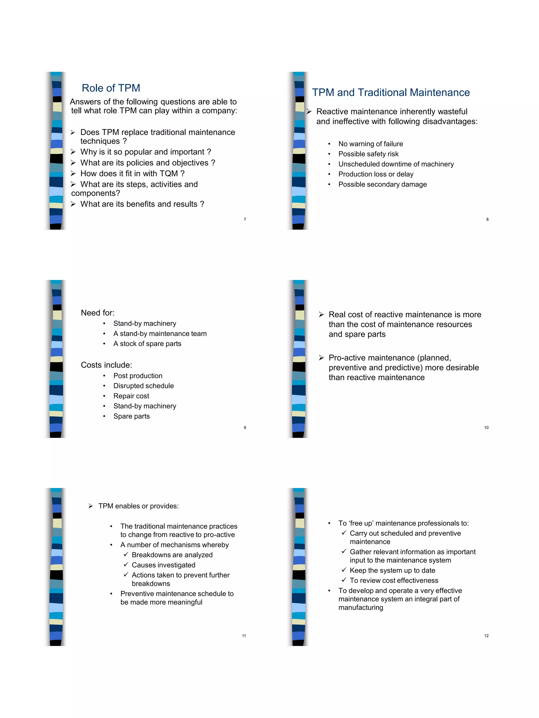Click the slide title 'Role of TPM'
111,88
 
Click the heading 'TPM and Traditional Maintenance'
391,93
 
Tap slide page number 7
245,220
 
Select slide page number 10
486,427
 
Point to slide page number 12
486,635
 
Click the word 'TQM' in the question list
169,174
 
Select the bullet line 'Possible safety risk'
368,154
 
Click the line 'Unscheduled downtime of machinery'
396,164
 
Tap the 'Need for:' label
97,313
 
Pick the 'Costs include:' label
106,365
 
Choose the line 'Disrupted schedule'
143,386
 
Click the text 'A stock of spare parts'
147,344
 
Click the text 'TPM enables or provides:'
138,506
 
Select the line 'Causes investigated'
163,565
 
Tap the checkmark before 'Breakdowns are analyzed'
126,554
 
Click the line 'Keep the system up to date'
392,570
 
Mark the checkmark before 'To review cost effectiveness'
344,580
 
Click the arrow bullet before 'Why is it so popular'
73,152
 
